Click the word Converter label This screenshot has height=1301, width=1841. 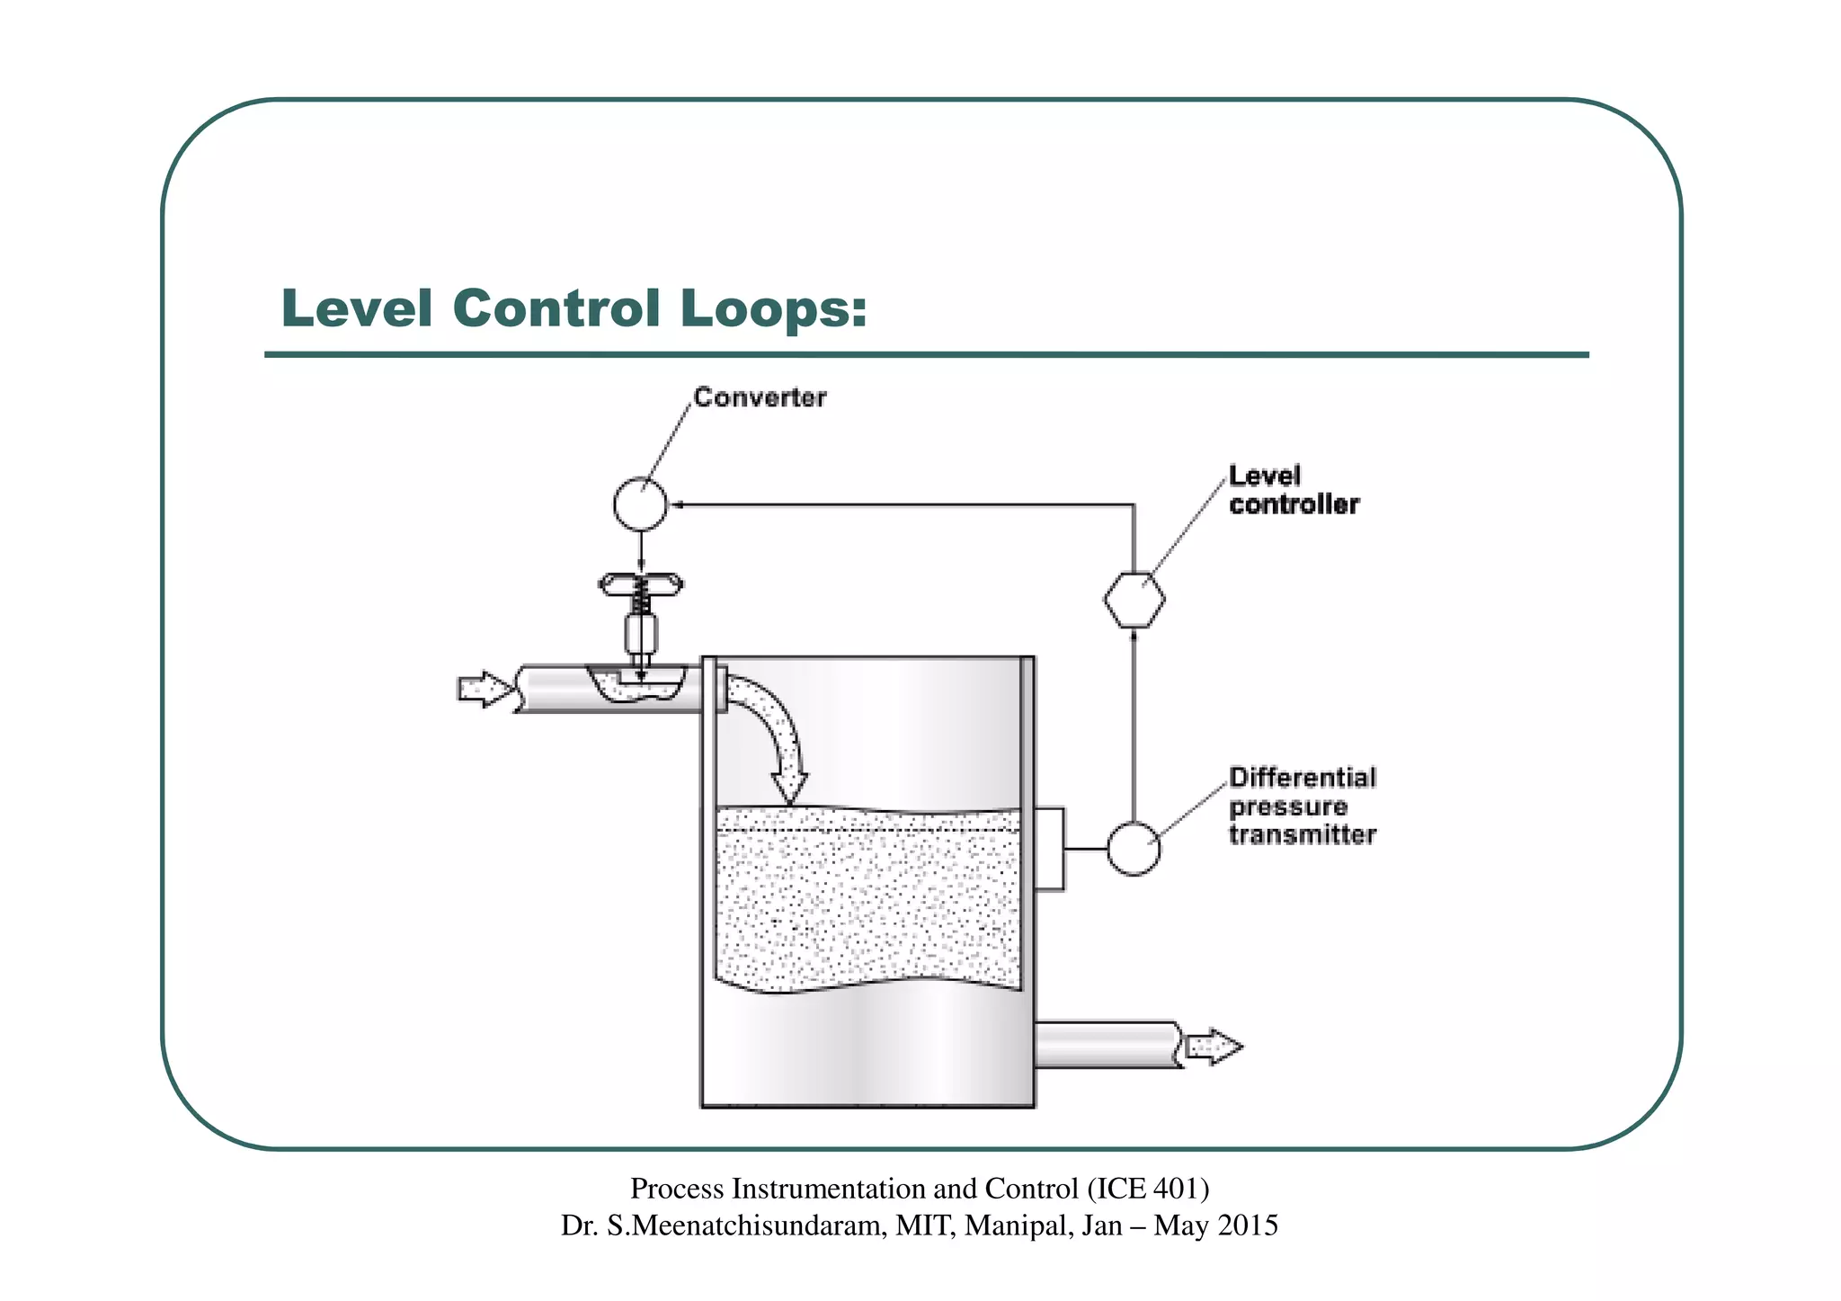[760, 397]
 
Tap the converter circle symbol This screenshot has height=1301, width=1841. [640, 503]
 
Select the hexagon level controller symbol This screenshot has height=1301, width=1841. [1134, 600]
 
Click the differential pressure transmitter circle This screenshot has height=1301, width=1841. [1133, 848]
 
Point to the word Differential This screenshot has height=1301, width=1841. [1303, 777]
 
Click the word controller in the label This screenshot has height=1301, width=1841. [1294, 504]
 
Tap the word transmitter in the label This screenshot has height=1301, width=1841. [1303, 834]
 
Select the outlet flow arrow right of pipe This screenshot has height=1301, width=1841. [1214, 1047]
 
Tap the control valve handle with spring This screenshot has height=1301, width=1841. [640, 587]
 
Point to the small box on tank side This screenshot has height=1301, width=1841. [1049, 849]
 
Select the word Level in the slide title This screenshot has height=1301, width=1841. [357, 308]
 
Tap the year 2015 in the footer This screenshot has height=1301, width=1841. [1246, 1225]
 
